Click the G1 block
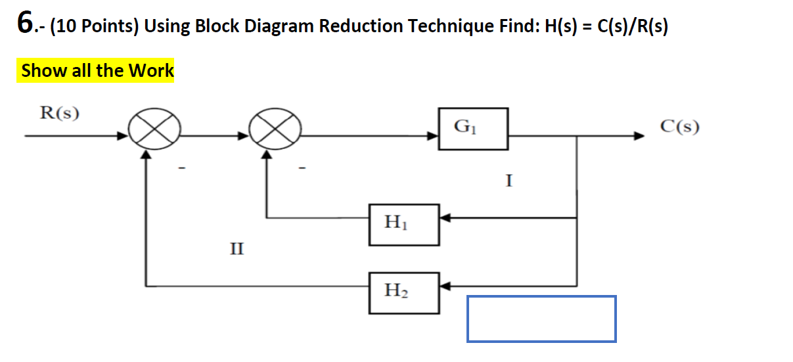[x=464, y=128]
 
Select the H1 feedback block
[x=403, y=225]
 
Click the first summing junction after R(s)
[x=153, y=137]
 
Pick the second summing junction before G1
[x=275, y=137]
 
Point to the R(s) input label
[x=60, y=114]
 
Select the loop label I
[x=509, y=180]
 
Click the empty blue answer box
[x=541, y=319]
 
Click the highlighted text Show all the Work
[x=97, y=71]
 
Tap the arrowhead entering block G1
[x=434, y=137]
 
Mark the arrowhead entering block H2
[x=445, y=286]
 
